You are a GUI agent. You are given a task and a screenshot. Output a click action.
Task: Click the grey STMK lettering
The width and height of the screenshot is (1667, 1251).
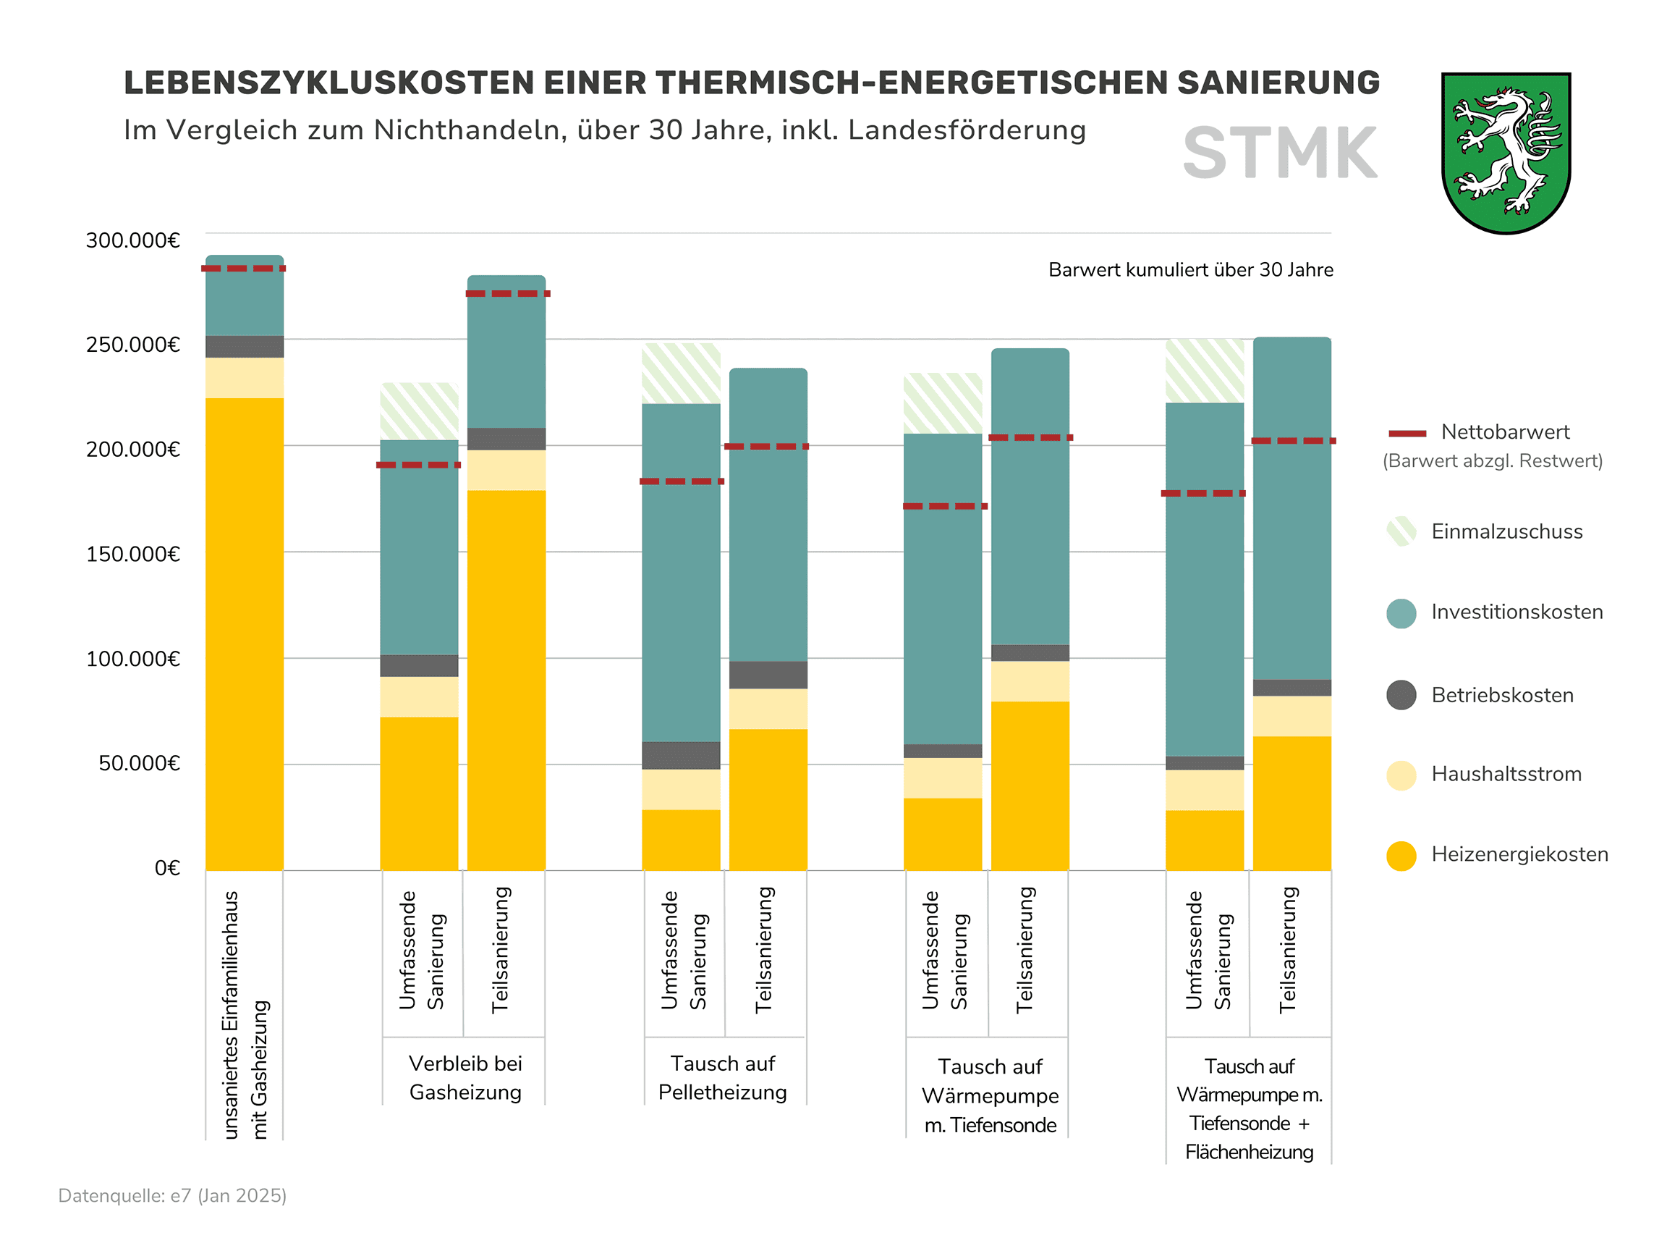pos(1280,153)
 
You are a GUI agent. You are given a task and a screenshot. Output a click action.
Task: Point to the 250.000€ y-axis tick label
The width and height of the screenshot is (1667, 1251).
pos(133,345)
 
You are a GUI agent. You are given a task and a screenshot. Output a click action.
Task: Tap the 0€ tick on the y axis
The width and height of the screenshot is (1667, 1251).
pos(167,868)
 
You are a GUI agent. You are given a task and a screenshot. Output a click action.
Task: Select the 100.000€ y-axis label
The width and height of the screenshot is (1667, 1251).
pos(133,659)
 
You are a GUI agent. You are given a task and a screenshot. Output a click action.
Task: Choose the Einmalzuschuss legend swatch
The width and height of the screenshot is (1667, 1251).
pos(1401,531)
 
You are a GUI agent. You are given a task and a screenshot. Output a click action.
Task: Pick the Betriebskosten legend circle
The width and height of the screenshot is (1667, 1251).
pos(1401,694)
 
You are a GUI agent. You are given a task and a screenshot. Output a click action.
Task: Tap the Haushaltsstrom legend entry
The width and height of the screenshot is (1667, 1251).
pos(1506,774)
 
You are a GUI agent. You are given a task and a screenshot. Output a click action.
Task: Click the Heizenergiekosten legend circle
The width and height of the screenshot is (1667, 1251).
pos(1401,855)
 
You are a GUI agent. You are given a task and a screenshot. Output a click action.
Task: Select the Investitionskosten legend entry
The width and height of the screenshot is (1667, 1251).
pos(1517,612)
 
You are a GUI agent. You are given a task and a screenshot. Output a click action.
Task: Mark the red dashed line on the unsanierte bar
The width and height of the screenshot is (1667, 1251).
pos(243,269)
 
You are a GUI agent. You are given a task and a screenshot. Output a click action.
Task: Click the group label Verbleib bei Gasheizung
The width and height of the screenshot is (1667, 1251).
pos(465,1077)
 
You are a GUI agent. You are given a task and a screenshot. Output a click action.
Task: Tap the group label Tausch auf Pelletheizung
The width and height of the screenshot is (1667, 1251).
pos(722,1077)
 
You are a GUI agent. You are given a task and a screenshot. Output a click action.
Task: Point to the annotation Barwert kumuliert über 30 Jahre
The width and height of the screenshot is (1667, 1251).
pos(1190,270)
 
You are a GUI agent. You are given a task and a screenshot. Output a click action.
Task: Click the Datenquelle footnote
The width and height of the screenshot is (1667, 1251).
pos(173,1196)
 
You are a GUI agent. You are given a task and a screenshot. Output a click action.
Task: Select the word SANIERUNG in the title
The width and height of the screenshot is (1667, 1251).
pos(1278,83)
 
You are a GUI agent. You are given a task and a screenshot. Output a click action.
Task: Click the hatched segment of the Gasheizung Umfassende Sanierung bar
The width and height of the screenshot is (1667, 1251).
pos(419,411)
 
